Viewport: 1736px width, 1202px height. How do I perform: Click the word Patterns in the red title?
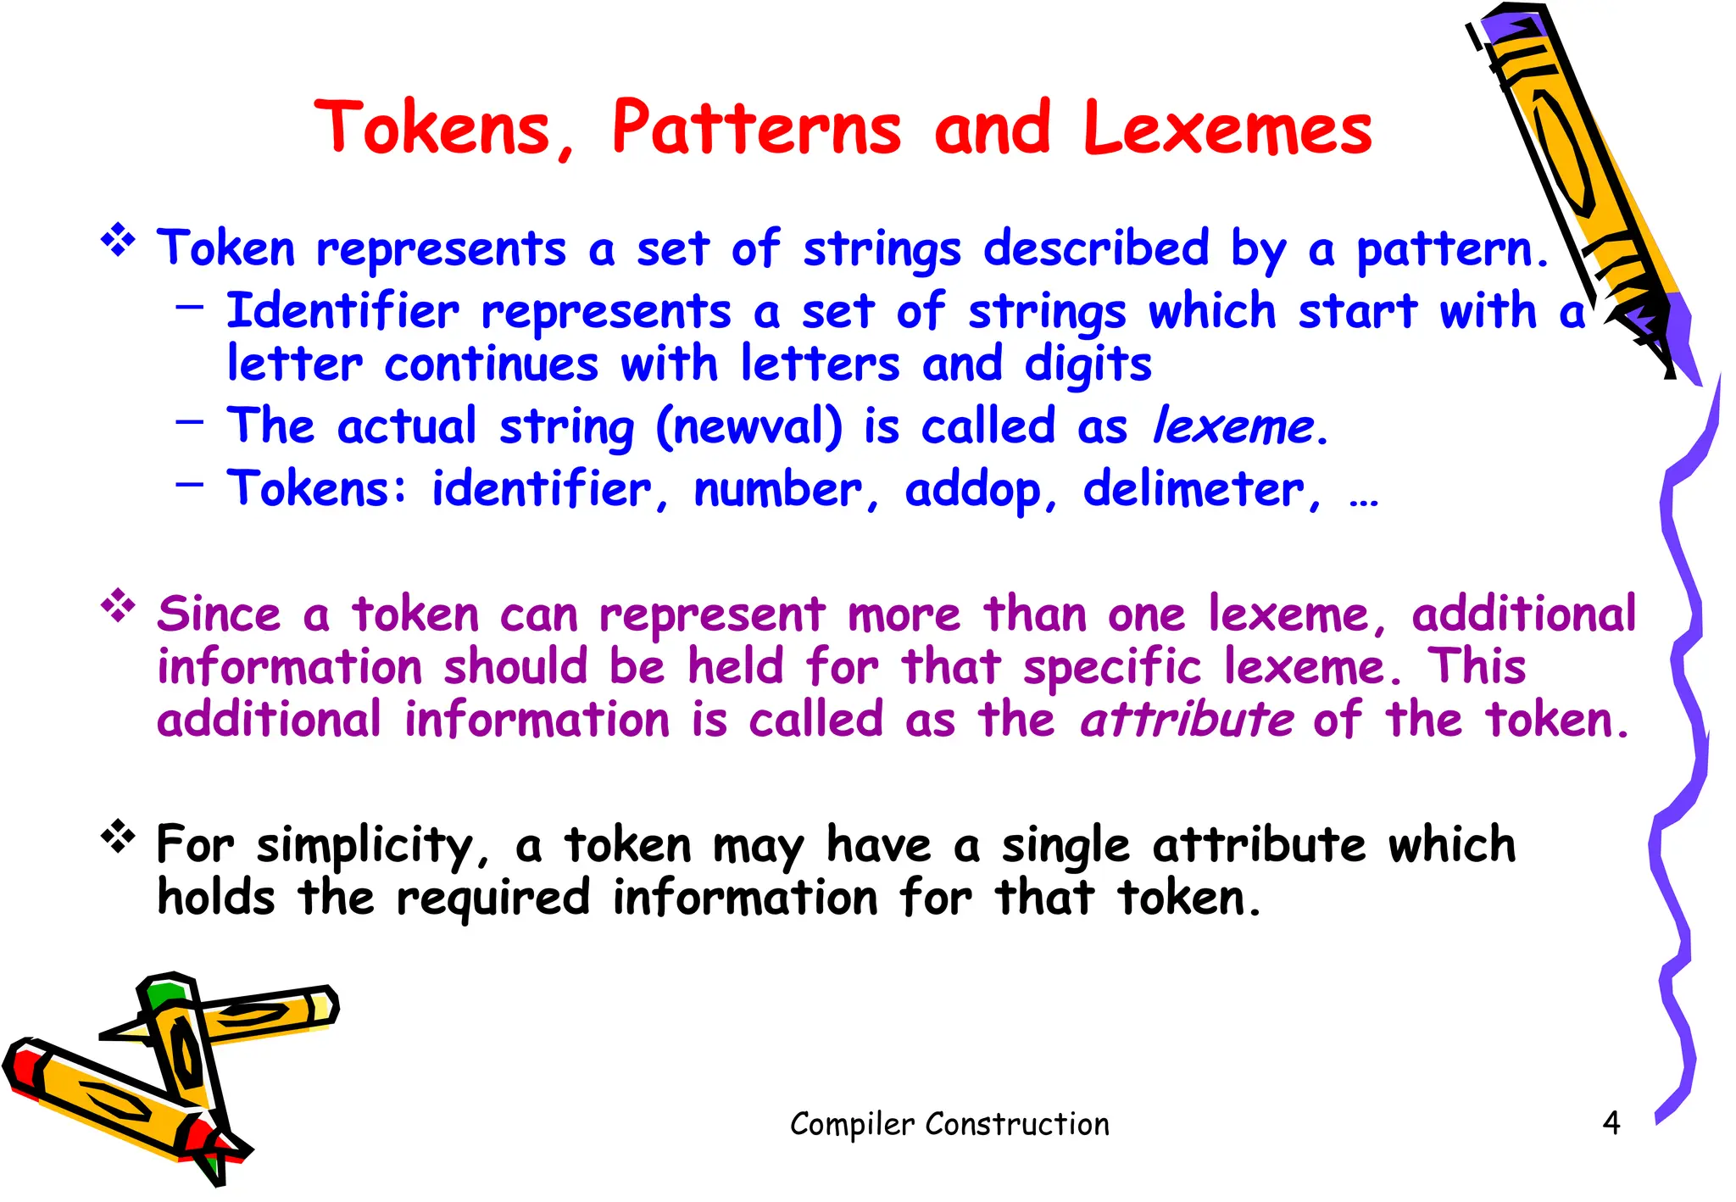[756, 128]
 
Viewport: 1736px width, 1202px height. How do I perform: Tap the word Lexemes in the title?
[1227, 128]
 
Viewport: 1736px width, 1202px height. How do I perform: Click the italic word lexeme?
[1233, 426]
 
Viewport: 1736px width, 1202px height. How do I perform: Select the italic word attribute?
[1187, 720]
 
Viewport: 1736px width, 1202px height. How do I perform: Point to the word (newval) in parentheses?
[749, 426]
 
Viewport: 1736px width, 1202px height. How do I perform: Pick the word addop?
[972, 489]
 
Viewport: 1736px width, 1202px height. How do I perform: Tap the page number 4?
[1611, 1123]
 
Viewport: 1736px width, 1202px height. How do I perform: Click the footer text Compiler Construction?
[949, 1124]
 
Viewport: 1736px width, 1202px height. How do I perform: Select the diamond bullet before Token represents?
[119, 241]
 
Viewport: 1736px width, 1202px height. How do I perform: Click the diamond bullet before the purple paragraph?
[119, 606]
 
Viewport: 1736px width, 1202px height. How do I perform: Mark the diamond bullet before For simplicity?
[119, 837]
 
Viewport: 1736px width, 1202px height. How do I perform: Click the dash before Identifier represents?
[190, 305]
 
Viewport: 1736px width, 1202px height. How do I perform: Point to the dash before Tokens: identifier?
[190, 484]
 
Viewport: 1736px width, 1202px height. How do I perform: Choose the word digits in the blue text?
[1088, 364]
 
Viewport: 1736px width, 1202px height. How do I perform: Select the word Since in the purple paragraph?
[219, 614]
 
